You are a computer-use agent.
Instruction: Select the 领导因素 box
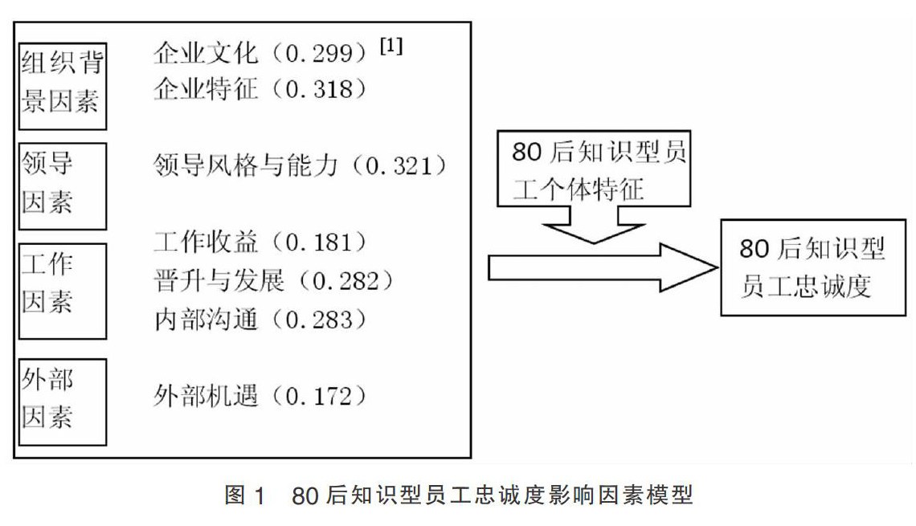point(62,186)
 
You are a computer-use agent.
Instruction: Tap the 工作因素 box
point(62,291)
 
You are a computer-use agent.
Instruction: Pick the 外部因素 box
point(62,402)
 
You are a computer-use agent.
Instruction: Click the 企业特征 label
point(206,88)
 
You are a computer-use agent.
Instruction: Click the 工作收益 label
point(206,241)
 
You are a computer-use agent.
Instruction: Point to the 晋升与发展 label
point(219,280)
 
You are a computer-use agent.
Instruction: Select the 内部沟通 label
point(206,319)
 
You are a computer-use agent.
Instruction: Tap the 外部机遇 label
point(206,396)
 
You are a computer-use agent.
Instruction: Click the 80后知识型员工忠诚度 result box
point(812,268)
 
